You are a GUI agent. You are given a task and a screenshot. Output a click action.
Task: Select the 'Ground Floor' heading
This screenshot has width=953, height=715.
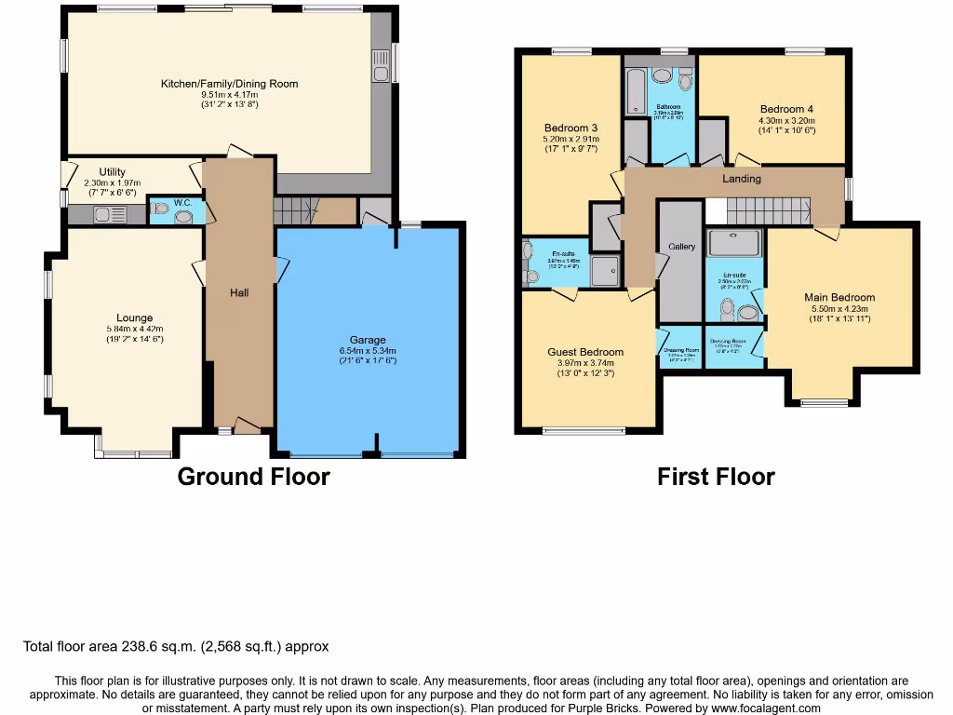pyautogui.click(x=253, y=477)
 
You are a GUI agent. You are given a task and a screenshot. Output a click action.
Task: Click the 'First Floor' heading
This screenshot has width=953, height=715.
pyautogui.click(x=716, y=477)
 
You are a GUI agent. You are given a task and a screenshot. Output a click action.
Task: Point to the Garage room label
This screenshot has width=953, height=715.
pyautogui.click(x=368, y=340)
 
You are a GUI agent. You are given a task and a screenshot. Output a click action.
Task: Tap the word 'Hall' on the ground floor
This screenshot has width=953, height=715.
pyautogui.click(x=239, y=292)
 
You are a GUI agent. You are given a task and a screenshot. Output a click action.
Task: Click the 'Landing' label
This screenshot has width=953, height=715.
pyautogui.click(x=742, y=179)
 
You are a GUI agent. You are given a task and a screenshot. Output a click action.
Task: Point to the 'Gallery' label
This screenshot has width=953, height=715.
pyautogui.click(x=682, y=247)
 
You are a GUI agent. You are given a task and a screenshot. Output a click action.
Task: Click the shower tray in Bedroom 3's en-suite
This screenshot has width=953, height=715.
pyautogui.click(x=603, y=271)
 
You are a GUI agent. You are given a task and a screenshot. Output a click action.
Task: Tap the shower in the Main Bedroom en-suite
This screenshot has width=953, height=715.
pyautogui.click(x=734, y=243)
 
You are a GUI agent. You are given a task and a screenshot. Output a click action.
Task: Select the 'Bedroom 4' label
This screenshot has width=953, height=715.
pyautogui.click(x=786, y=109)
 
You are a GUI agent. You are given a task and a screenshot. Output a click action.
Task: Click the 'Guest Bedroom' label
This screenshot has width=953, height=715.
pyautogui.click(x=585, y=352)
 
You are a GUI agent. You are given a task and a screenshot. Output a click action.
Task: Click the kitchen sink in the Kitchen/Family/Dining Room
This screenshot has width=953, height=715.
pyautogui.click(x=381, y=72)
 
